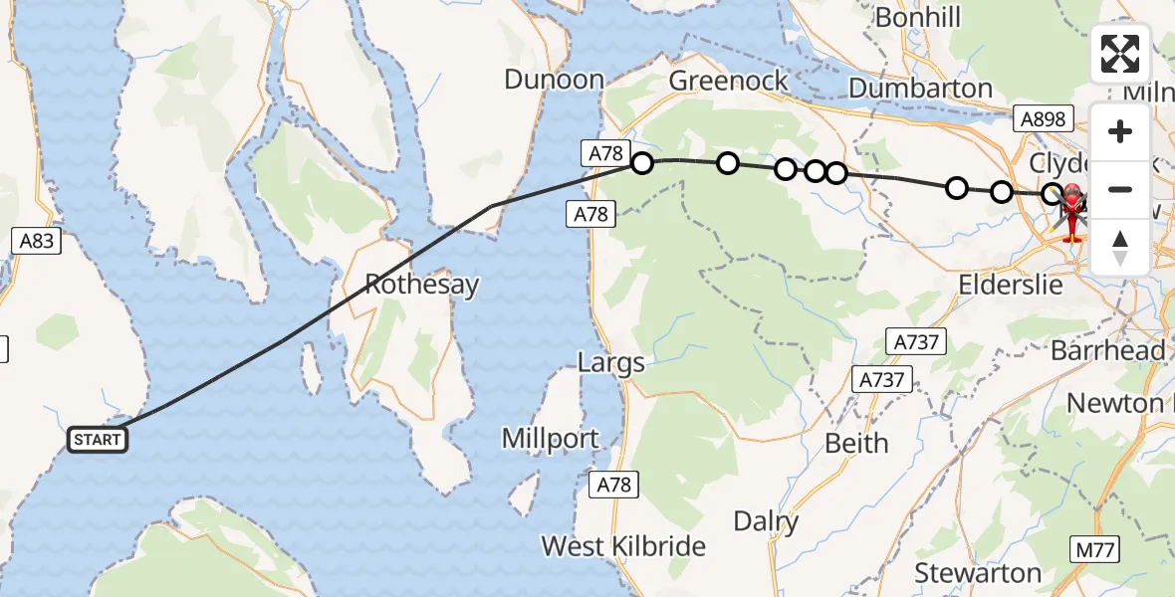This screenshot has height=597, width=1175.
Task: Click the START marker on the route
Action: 98,440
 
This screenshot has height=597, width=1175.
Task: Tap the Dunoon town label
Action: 554,81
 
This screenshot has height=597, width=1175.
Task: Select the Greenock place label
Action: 729,81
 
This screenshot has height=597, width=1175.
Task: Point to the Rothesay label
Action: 421,285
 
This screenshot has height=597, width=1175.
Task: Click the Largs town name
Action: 611,363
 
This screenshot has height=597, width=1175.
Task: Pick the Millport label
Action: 550,438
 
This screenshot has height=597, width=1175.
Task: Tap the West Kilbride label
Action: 623,546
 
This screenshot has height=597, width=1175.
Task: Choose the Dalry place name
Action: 766,521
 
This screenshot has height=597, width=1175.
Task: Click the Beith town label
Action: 856,444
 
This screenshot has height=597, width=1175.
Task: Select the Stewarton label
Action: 978,573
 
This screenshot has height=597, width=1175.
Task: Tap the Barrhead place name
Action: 1108,351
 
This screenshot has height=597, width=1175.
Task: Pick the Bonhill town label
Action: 918,18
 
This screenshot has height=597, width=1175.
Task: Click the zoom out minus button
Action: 1120,189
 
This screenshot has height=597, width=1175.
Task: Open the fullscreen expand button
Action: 1120,54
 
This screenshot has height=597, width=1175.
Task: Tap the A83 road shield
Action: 37,240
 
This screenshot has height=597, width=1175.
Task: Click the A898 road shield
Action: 1043,120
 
